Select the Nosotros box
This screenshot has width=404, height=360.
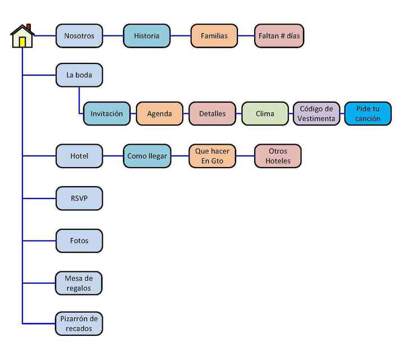click(x=79, y=36)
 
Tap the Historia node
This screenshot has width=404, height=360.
click(x=146, y=36)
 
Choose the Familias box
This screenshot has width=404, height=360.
click(x=214, y=36)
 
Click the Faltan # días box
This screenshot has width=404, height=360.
click(x=279, y=36)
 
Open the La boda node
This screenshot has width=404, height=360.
click(x=79, y=75)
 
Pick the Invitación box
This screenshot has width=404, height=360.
click(x=107, y=114)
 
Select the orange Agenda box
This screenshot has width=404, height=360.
click(x=159, y=114)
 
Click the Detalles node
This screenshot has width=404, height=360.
click(x=212, y=114)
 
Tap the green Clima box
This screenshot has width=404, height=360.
click(x=265, y=114)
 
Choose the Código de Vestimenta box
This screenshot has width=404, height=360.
click(x=316, y=114)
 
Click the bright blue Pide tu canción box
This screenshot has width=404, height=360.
click(x=368, y=114)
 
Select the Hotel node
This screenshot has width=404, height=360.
click(x=79, y=156)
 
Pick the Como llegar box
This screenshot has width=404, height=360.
click(x=147, y=156)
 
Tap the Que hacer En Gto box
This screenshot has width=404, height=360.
click(x=212, y=156)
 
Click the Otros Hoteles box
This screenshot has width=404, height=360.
click(x=278, y=156)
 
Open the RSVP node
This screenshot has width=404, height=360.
click(x=79, y=199)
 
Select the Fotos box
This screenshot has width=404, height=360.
click(x=79, y=241)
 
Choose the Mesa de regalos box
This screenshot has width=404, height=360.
click(x=79, y=283)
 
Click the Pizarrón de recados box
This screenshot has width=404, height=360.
click(x=79, y=324)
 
